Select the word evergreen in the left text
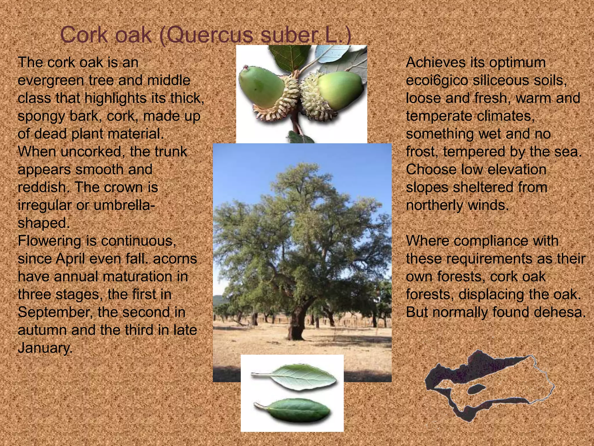[x=51, y=81]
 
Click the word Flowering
[x=49, y=241]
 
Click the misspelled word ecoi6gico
[x=437, y=81]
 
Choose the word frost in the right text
[x=422, y=152]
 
